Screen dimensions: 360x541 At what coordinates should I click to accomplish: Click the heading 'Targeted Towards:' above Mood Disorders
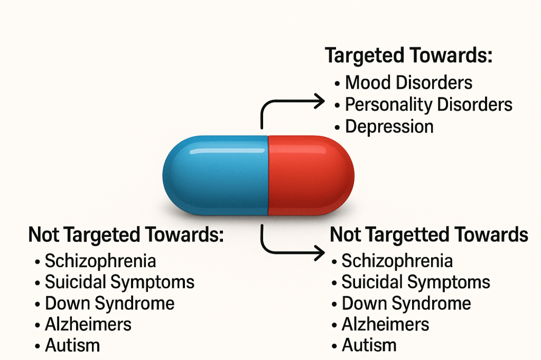[408, 55]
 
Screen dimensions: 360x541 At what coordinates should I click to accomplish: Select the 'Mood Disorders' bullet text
[408, 82]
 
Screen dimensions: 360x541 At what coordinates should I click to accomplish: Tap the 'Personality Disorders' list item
[428, 105]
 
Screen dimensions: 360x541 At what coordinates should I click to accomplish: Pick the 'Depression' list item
[389, 127]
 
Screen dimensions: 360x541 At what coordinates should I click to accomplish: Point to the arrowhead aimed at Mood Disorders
[319, 101]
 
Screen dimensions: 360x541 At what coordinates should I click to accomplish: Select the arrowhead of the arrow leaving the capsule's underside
[319, 254]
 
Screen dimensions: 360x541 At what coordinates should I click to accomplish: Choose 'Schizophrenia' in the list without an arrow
[100, 261]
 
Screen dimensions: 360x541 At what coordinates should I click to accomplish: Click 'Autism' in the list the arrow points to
[369, 346]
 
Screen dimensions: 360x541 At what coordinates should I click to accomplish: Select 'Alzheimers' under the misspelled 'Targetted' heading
[385, 324]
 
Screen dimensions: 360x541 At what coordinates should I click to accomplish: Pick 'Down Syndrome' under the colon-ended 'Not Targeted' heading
[110, 304]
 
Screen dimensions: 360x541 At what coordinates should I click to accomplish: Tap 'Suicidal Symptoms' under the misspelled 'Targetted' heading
[416, 282]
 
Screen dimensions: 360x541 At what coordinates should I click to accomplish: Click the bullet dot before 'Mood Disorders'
[337, 83]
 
